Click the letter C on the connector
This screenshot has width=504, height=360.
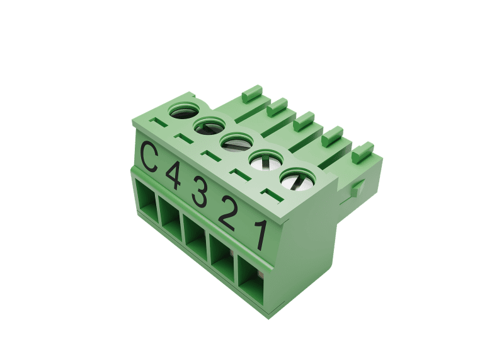click(149, 158)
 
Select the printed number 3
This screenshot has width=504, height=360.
click(199, 193)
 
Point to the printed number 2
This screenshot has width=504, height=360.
click(227, 212)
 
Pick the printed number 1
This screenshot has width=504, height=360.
click(261, 235)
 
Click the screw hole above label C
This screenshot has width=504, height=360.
click(184, 110)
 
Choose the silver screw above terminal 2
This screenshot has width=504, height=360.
click(266, 160)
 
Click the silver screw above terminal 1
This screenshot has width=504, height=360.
click(297, 179)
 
